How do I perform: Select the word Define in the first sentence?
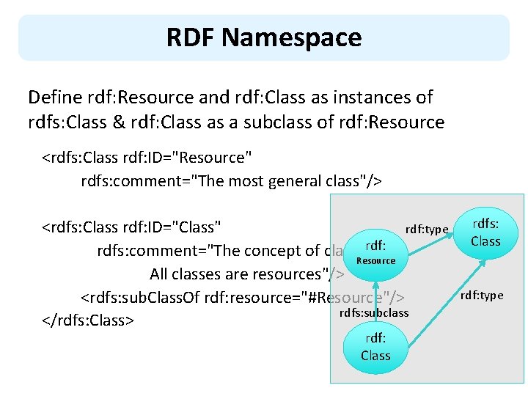[x=54, y=97]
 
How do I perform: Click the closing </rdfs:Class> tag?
[x=87, y=320]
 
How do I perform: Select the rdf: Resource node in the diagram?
[x=375, y=252]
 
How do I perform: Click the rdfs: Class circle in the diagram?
[x=485, y=232]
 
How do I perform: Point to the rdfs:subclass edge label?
[x=374, y=313]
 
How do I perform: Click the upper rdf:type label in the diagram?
[x=427, y=230]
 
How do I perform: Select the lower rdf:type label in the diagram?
[x=482, y=296]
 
